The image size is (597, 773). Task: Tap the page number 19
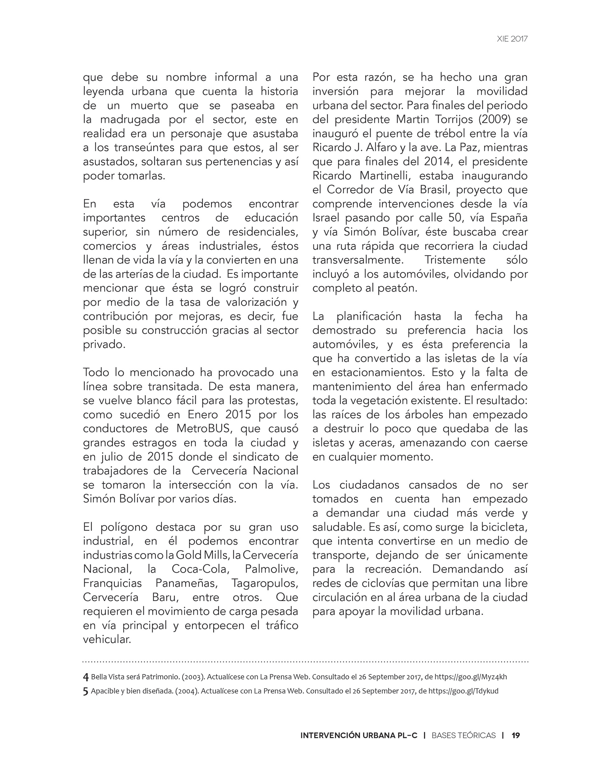tap(516, 735)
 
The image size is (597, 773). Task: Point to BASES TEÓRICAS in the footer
tap(463, 735)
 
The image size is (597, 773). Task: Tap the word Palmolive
tap(271, 569)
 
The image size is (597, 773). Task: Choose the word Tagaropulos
tap(265, 583)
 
